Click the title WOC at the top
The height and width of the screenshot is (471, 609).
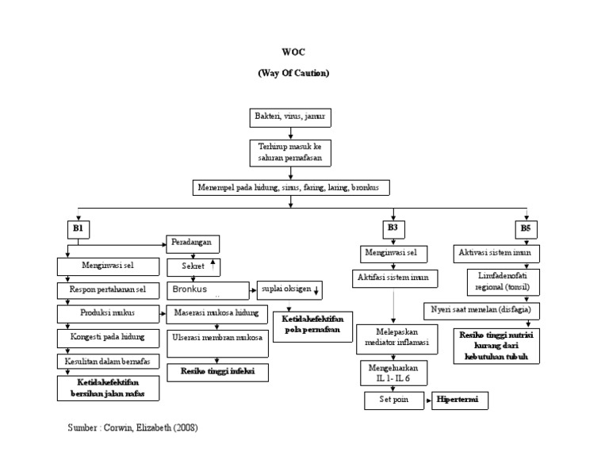pos(293,52)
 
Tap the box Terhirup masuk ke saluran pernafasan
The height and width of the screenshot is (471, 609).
pos(292,152)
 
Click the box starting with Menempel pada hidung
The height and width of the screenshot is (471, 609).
pos(292,188)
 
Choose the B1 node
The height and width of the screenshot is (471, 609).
pos(78,229)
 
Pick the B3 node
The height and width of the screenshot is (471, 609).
pos(393,228)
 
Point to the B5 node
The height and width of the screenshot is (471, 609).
pos(526,229)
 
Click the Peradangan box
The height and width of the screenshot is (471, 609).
pos(193,243)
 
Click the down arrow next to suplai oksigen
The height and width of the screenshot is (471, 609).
pos(316,289)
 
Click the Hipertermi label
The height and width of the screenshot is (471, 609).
pos(460,400)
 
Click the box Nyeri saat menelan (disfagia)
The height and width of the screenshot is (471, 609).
pos(481,308)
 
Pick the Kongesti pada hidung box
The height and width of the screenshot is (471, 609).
pos(108,337)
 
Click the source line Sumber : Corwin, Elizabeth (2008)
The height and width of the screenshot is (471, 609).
pos(132,427)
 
